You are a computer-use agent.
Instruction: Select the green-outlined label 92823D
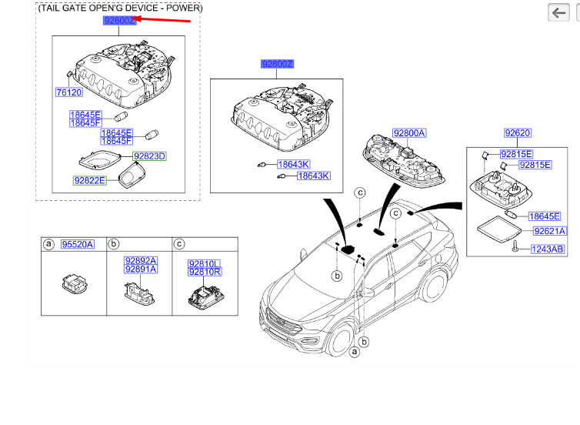(x=150, y=156)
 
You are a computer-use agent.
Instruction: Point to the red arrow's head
(x=135, y=19)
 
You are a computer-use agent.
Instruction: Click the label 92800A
(x=408, y=133)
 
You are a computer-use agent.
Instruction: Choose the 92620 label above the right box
(x=517, y=133)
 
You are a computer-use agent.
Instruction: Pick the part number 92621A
(x=549, y=230)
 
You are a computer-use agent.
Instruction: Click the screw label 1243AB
(x=546, y=249)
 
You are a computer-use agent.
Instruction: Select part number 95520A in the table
(x=78, y=244)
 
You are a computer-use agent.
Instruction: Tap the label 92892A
(x=140, y=260)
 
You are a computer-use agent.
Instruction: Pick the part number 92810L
(x=205, y=263)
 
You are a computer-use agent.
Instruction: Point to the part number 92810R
(x=205, y=272)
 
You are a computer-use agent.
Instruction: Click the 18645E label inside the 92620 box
(x=544, y=216)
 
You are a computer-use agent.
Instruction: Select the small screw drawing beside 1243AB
(x=513, y=246)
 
